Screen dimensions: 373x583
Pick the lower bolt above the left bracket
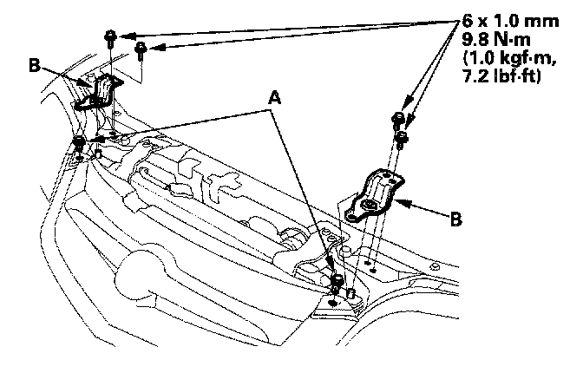coord(140,49)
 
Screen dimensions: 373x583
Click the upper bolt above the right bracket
coord(396,118)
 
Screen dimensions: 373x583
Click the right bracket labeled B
coord(375,197)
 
